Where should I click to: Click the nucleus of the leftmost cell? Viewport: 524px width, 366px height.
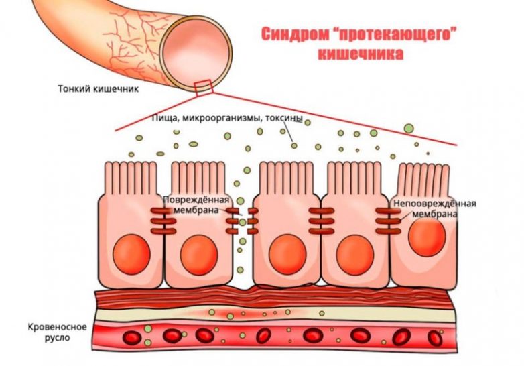[131, 253]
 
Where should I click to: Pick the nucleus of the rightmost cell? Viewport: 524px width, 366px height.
[426, 239]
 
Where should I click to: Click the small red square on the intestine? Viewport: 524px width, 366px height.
[202, 85]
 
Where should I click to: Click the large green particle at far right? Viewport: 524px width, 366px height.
[408, 127]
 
